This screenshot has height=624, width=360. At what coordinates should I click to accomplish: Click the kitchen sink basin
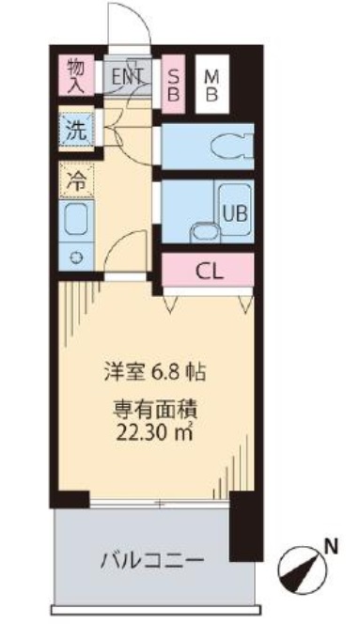tap(76, 220)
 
